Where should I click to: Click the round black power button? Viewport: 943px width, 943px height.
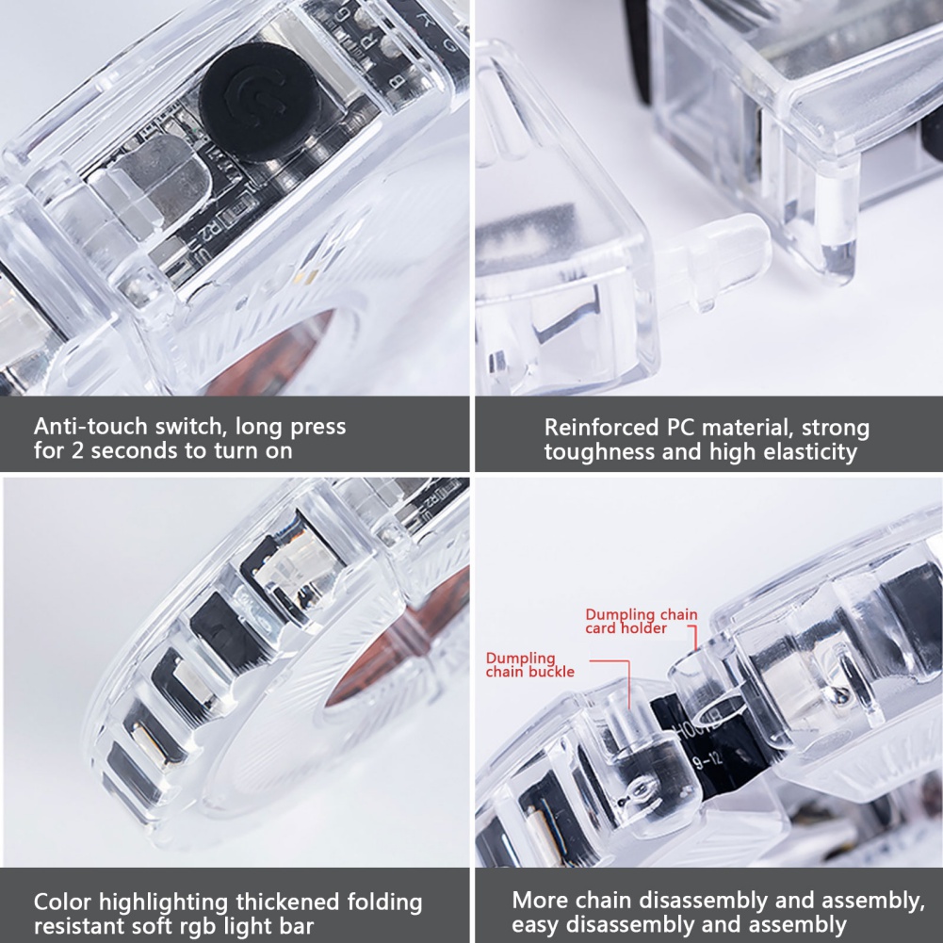pyautogui.click(x=260, y=102)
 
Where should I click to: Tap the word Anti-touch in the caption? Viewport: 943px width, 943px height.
pyautogui.click(x=90, y=426)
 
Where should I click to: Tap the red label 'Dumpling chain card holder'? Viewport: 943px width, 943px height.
pyautogui.click(x=642, y=621)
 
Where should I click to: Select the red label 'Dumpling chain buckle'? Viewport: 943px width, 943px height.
pyautogui.click(x=529, y=664)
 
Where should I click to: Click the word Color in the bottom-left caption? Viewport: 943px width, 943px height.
pyautogui.click(x=62, y=902)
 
